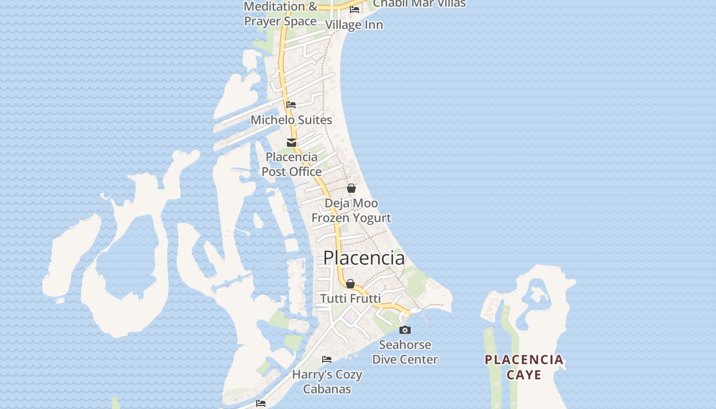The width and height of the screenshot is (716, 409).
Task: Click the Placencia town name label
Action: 364,258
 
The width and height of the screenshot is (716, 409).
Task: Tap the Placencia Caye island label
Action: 524,367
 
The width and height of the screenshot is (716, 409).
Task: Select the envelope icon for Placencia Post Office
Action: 292,143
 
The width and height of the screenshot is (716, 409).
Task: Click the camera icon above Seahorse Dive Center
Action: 405,330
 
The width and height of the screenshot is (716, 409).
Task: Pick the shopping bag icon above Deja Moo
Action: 351,189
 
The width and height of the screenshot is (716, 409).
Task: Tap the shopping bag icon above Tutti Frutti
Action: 350,284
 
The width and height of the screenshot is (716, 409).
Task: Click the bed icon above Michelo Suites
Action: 291,105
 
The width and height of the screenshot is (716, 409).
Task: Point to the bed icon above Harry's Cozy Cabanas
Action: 327,359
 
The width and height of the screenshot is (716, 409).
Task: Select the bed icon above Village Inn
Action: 354,9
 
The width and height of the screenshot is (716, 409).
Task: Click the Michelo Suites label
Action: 291,120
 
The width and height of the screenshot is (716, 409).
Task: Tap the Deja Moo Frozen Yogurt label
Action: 351,211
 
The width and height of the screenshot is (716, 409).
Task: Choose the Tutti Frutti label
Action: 350,298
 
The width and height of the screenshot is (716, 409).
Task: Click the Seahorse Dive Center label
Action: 405,352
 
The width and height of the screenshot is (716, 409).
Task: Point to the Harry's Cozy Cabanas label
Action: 327,381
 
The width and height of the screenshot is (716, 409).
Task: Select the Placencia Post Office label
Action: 292,164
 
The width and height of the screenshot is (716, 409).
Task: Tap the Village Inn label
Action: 354,25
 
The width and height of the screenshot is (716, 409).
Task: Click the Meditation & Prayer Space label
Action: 280,14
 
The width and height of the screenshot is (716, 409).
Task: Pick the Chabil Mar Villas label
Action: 419,4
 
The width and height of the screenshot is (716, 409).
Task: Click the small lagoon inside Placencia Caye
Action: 536,294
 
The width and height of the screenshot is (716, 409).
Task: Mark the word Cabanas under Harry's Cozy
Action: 327,389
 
